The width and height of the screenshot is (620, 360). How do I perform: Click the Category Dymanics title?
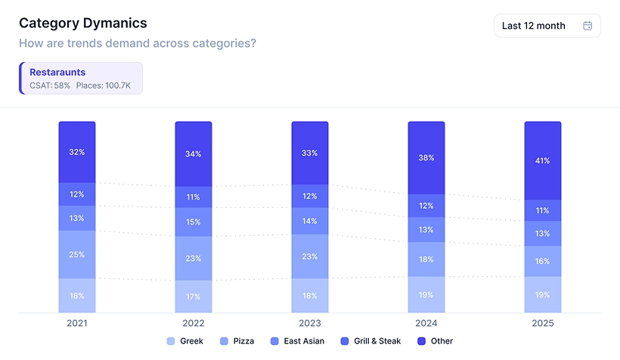83,23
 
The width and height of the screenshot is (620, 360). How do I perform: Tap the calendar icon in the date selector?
587,26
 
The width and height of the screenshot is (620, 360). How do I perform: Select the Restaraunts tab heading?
57,73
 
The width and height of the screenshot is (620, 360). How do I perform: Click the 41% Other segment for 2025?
543,160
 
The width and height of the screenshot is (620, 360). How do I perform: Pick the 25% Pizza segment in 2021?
77,254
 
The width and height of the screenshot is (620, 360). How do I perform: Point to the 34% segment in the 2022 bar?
194,154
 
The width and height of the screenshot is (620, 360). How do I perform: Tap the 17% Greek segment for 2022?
194,296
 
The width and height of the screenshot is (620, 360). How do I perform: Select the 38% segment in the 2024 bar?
426,158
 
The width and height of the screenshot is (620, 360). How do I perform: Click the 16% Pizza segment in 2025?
543,261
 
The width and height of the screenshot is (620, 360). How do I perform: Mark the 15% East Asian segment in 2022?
194,222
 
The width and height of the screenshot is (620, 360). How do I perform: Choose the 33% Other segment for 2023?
310,153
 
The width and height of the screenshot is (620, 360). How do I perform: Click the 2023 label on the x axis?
310,323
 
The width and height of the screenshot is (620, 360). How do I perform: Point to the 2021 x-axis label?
77,323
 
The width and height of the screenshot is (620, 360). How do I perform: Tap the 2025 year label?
543,323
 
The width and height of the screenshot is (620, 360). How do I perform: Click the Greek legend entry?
185,341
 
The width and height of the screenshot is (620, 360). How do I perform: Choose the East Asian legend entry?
299,341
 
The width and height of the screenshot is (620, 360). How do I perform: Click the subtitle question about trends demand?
137,43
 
